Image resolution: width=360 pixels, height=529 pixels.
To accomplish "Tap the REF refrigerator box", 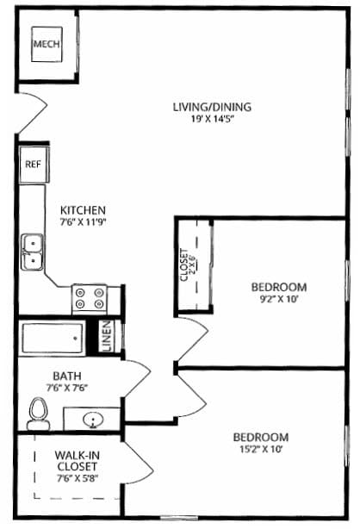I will click(x=33, y=163).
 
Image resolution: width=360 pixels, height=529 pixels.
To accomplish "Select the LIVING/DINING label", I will click(x=211, y=107).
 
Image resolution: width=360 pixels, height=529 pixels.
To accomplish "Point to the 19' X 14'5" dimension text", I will click(x=211, y=120).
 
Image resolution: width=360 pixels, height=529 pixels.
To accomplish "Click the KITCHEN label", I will click(x=83, y=209).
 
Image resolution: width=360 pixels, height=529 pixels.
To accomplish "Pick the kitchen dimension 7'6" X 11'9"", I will click(x=83, y=221).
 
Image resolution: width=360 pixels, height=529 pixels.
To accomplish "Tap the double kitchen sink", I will click(x=34, y=251).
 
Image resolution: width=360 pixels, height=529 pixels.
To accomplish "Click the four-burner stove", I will click(x=89, y=297).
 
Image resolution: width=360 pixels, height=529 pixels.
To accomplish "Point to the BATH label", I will click(x=66, y=376).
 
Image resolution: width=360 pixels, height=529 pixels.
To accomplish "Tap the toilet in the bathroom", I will click(x=39, y=414).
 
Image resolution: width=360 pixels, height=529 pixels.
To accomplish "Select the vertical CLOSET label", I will click(x=185, y=265).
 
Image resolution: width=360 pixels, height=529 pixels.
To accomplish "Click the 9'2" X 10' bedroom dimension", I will click(x=278, y=299).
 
